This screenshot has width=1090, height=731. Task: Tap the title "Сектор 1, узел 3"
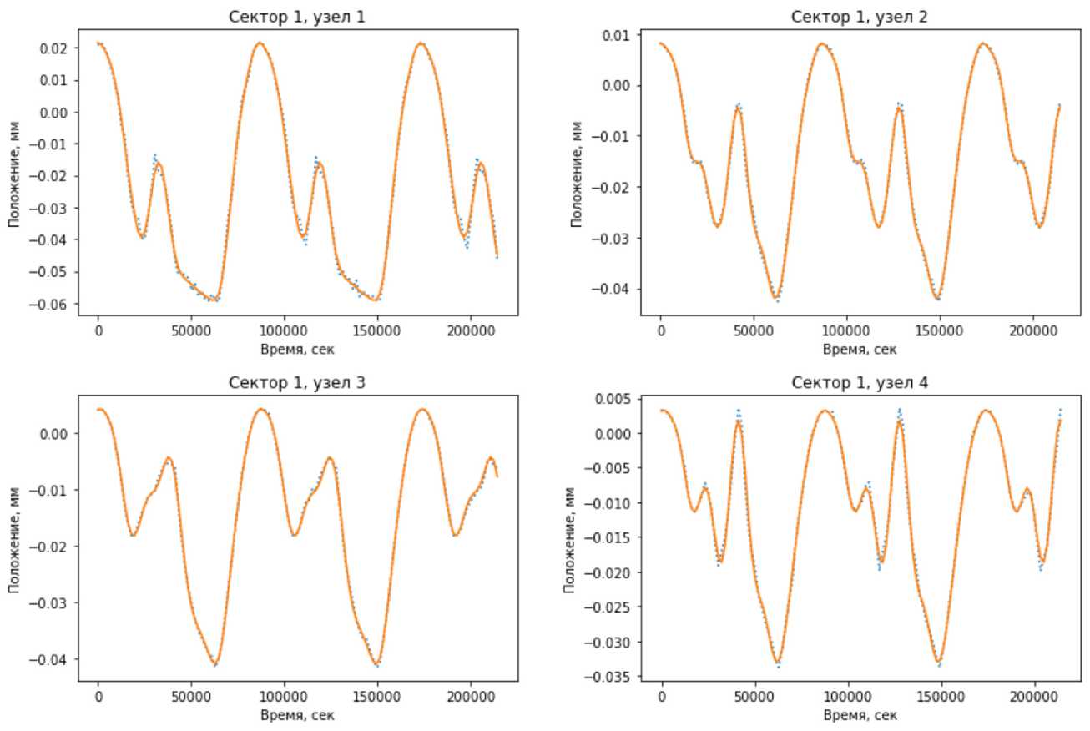pos(298,383)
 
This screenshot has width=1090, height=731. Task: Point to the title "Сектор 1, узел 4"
pos(860,383)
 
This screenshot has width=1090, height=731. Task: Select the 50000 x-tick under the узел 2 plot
pos(753,329)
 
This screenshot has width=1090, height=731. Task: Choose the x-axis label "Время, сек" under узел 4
pos(860,714)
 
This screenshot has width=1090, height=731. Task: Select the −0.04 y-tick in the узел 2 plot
pos(618,290)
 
